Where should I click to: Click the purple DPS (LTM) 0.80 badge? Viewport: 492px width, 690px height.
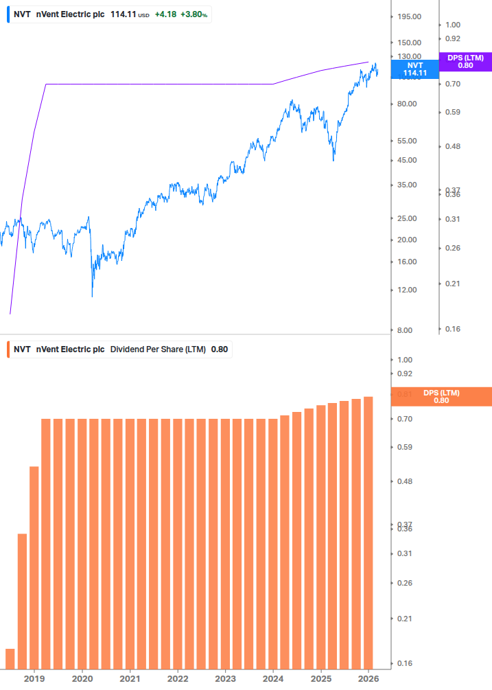(x=465, y=62)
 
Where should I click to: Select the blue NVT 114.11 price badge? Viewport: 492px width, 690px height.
(x=414, y=69)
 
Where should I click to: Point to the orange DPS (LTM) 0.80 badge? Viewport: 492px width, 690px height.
(x=441, y=397)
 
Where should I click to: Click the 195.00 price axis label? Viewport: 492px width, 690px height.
(x=409, y=16)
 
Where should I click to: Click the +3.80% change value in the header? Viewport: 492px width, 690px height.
(x=194, y=14)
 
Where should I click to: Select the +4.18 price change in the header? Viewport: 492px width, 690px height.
(x=165, y=14)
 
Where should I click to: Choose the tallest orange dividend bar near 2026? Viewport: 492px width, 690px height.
(x=368, y=532)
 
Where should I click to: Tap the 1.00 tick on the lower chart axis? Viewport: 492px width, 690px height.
(x=403, y=360)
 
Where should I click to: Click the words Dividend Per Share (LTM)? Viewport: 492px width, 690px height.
(x=158, y=349)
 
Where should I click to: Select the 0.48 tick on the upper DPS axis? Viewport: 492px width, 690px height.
(x=452, y=146)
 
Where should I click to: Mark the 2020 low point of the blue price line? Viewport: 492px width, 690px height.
(x=92, y=297)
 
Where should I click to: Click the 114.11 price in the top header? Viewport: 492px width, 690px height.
(x=124, y=14)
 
